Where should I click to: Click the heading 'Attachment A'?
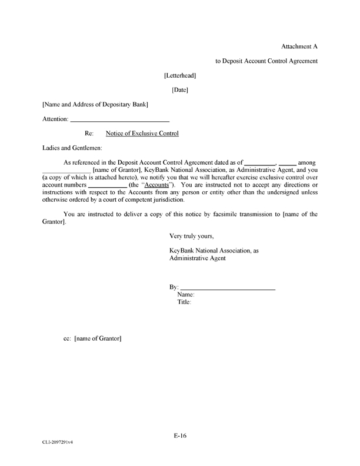(299, 46)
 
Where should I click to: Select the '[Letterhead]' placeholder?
(180, 75)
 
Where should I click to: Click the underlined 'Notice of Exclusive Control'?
(142, 134)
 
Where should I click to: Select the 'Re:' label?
(90, 134)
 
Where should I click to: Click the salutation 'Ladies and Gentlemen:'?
(72, 148)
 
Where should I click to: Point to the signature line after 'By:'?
(227, 287)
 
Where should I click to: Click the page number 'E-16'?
(180, 435)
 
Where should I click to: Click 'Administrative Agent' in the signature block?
(197, 258)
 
